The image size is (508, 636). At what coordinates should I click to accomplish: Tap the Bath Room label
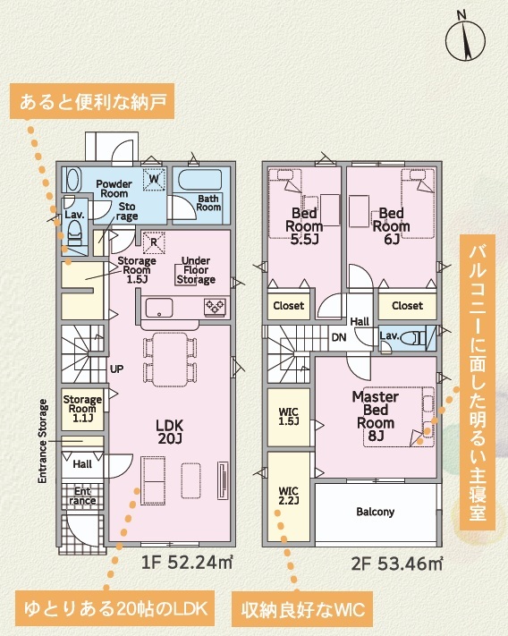[208, 203]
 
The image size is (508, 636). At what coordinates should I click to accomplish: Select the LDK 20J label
[169, 431]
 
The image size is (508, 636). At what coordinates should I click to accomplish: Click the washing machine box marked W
[154, 179]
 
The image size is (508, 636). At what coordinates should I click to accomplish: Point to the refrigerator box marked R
[154, 242]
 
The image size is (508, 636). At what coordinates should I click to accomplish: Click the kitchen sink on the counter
[159, 308]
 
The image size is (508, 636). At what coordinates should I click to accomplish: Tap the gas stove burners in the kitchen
[215, 306]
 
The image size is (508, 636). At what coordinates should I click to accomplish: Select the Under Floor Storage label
[196, 270]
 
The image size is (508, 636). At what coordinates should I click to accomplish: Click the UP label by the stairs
[117, 369]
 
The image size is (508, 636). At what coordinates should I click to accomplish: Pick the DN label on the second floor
[339, 337]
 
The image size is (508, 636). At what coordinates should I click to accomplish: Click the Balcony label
[376, 512]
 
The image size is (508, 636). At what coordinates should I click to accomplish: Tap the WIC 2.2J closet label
[289, 496]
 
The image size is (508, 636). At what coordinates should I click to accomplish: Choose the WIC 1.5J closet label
[289, 417]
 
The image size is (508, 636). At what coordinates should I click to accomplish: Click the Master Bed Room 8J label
[376, 416]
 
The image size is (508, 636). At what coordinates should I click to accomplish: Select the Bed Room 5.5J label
[304, 226]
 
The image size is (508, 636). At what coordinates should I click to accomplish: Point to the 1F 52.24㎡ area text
[187, 563]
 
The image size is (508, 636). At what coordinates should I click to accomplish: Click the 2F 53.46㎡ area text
[397, 564]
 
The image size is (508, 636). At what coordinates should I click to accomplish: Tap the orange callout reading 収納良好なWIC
[302, 610]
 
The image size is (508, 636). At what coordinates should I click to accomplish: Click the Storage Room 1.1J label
[82, 409]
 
